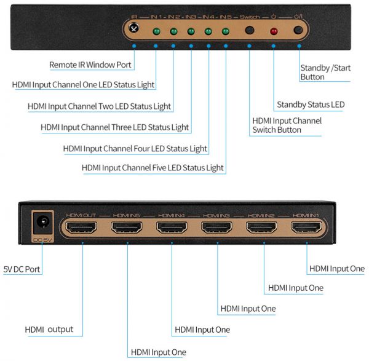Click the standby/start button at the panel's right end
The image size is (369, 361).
pos(299,30)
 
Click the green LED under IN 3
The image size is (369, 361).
pos(191,31)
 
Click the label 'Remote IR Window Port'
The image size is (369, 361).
pos(90,65)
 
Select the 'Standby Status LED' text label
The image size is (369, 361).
pos(311,105)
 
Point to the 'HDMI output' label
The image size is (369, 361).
pos(49,330)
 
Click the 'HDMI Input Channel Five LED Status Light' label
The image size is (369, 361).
pos(153,168)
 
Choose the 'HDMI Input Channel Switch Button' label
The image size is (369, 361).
pos(287,125)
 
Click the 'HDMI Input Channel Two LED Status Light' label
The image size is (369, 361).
pos(99,106)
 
